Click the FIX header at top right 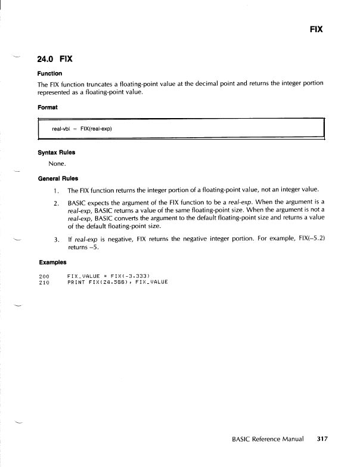pyautogui.click(x=316, y=29)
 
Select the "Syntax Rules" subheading pyautogui.click(x=56, y=152)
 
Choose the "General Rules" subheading pyautogui.click(x=58, y=178)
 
